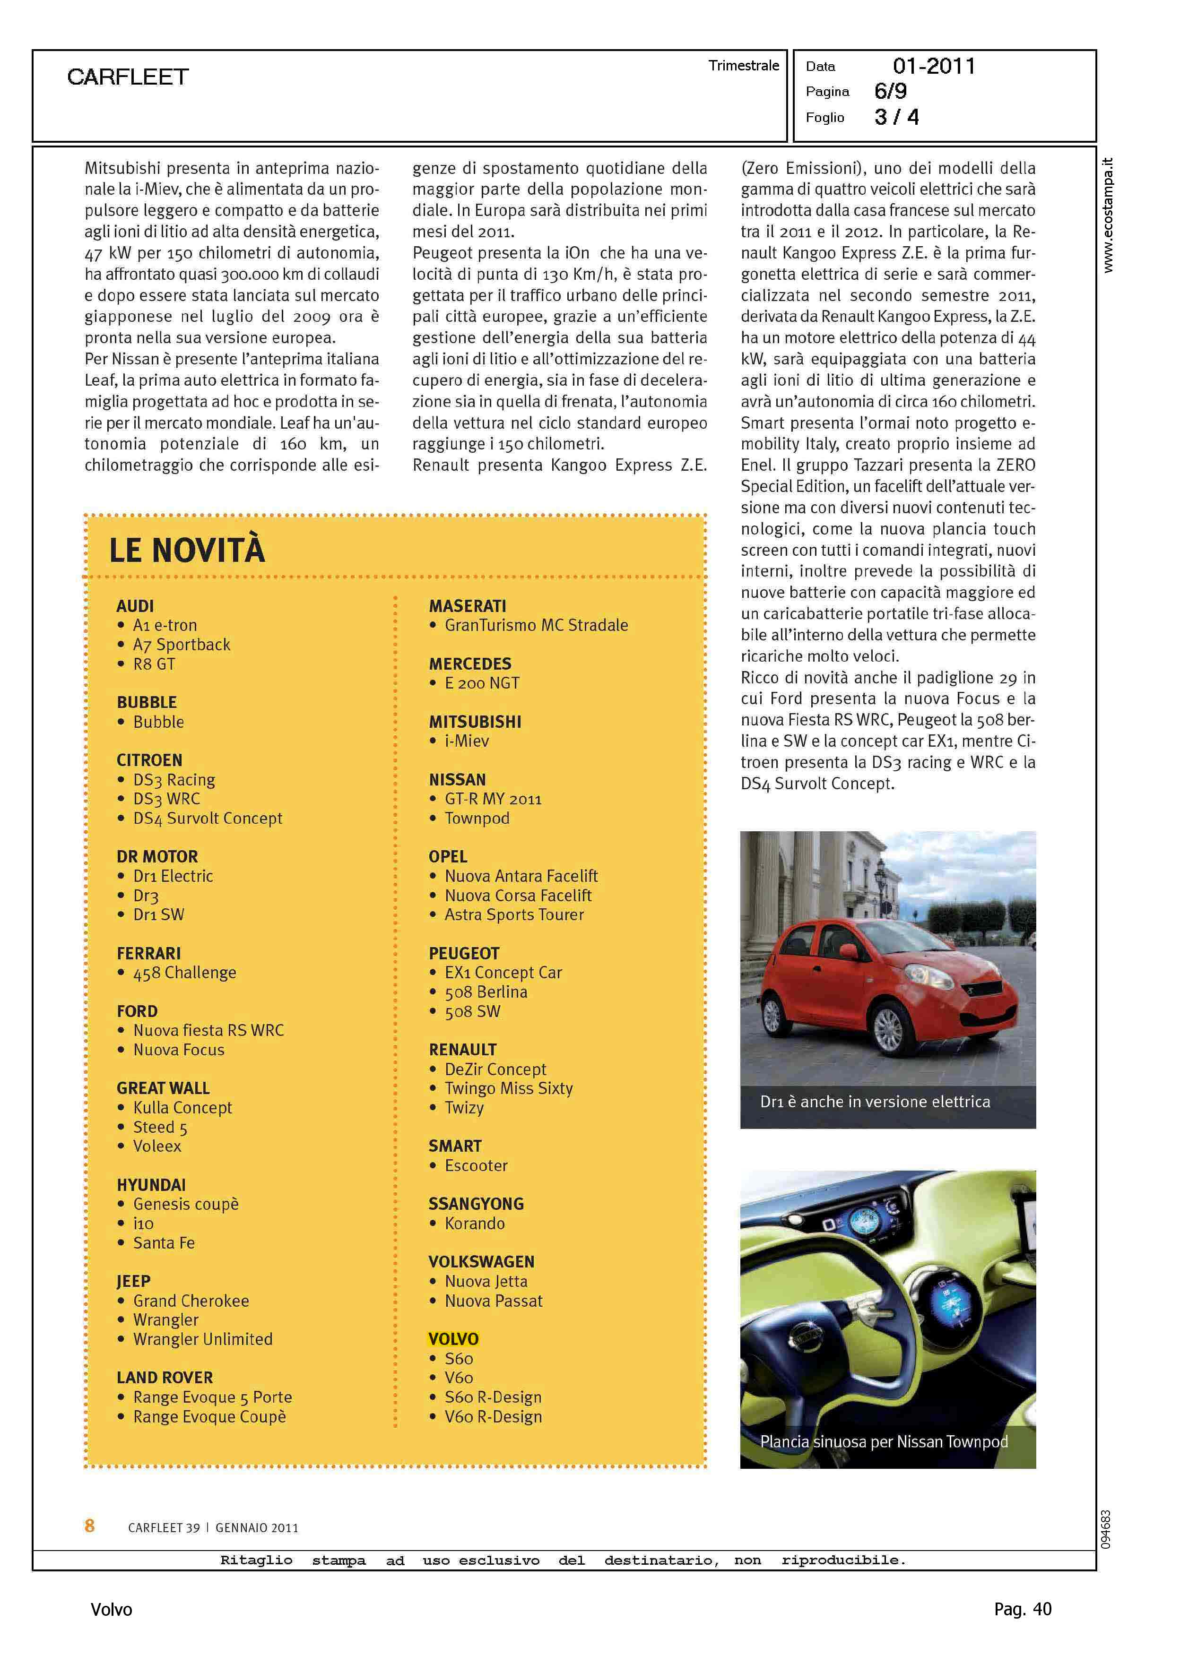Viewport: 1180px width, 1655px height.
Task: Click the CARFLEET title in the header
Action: point(128,77)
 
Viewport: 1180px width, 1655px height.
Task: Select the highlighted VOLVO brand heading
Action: point(453,1338)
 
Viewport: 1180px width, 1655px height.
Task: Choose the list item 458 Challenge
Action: point(184,973)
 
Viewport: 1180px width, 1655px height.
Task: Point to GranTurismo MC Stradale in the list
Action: point(536,625)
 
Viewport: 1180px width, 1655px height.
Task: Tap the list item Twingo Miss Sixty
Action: point(509,1088)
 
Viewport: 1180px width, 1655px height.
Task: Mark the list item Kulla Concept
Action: point(182,1107)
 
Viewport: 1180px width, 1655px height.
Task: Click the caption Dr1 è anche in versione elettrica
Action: point(875,1102)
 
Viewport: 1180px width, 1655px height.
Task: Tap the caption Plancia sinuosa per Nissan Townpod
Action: point(884,1441)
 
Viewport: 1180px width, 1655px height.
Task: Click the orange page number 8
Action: point(89,1526)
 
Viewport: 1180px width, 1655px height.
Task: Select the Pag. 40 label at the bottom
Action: point(1022,1609)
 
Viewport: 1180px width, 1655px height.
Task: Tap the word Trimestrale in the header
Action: point(743,65)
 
